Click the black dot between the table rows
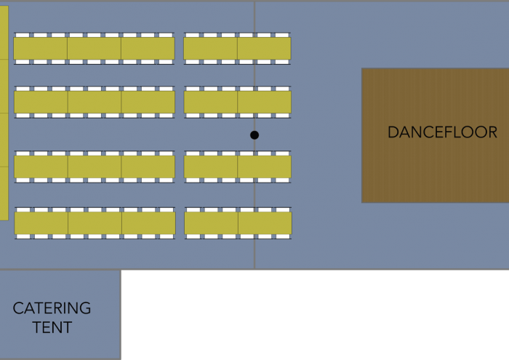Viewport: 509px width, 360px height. click(x=254, y=135)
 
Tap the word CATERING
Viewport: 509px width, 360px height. click(x=52, y=308)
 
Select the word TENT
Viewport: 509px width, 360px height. click(x=52, y=327)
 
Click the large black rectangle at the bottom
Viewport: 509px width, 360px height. click(x=315, y=315)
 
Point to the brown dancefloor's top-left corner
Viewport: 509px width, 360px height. click(x=362, y=69)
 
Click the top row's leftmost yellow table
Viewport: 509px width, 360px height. click(x=40, y=49)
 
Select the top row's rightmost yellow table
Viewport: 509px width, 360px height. click(x=264, y=49)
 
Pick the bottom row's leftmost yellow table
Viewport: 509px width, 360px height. click(x=41, y=223)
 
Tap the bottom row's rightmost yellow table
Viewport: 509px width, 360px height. click(x=265, y=223)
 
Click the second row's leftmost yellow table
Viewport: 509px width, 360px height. click(x=41, y=103)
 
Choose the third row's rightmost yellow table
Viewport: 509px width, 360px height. click(x=264, y=167)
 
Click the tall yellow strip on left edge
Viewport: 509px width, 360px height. click(x=4, y=113)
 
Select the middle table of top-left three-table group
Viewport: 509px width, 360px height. click(x=94, y=49)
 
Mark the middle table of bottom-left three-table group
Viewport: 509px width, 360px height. click(x=95, y=223)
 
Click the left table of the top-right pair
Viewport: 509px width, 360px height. click(x=210, y=49)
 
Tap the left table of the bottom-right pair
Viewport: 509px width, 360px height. click(x=211, y=223)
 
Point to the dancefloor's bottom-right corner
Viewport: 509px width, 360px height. click(x=508, y=201)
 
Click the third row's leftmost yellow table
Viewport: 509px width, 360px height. click(x=41, y=167)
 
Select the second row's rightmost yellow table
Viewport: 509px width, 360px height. click(x=264, y=103)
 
